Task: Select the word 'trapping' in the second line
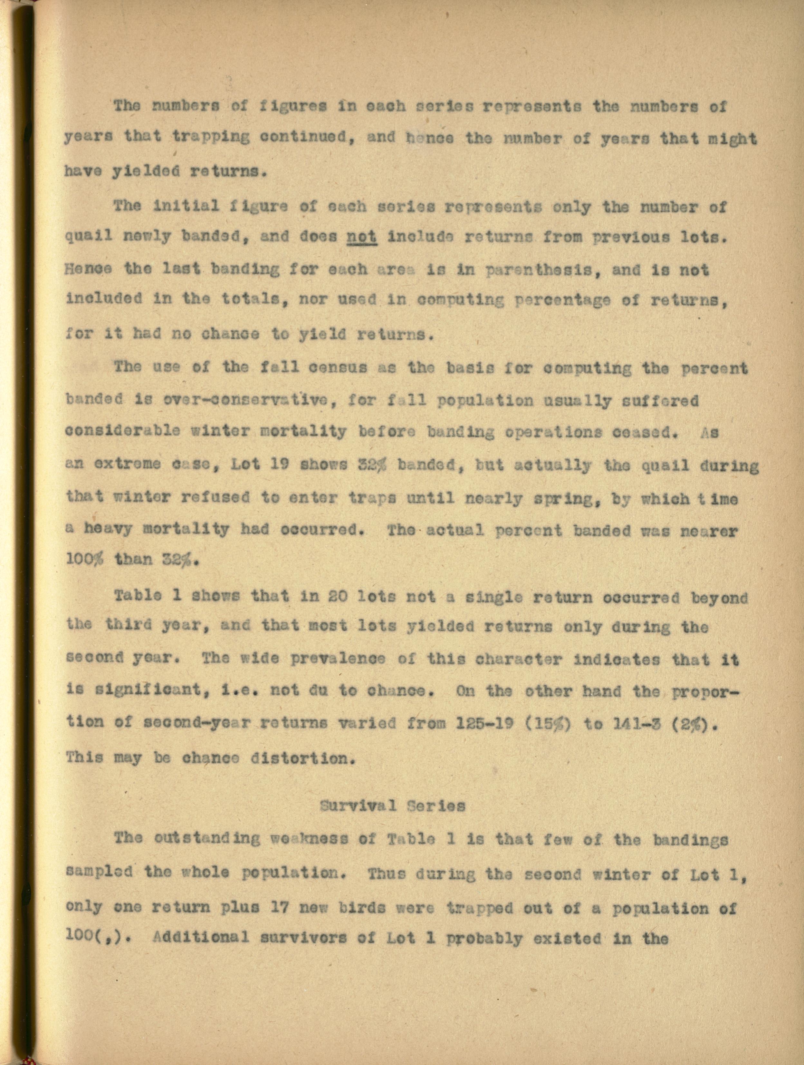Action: [x=211, y=138]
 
